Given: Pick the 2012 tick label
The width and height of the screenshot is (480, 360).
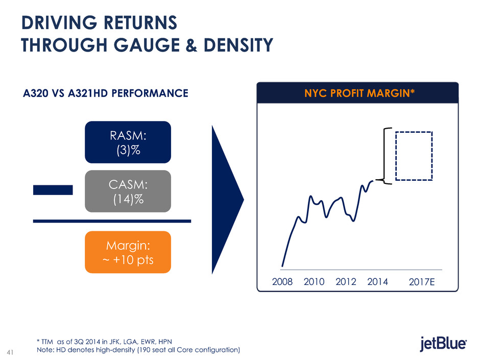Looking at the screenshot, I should click(346, 281).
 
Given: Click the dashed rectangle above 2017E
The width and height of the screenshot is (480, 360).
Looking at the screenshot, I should click(414, 156).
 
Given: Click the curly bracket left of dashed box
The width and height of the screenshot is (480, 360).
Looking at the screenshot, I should click(387, 155).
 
